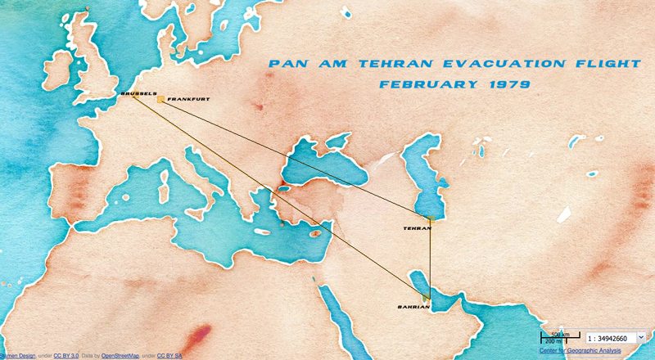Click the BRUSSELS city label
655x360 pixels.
tap(138, 93)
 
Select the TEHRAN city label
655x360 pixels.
tap(418, 229)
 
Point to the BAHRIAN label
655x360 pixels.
tap(413, 307)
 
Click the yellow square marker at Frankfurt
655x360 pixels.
tap(161, 100)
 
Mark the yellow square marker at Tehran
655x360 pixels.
tap(431, 219)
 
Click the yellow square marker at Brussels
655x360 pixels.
tap(133, 97)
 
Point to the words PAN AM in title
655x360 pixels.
tap(310, 63)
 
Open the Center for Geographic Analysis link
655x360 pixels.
tap(580, 351)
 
